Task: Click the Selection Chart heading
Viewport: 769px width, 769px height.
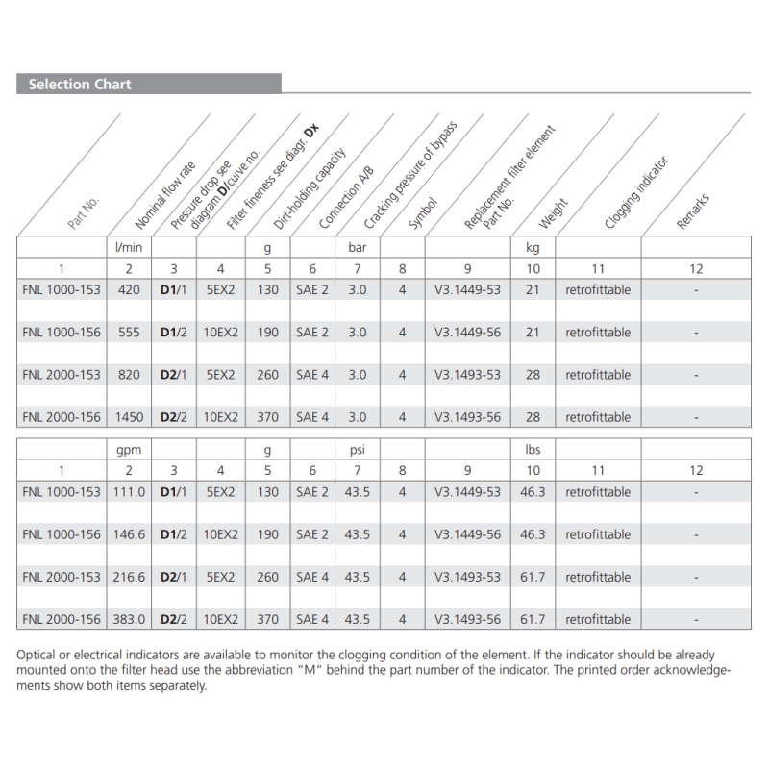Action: [x=80, y=85]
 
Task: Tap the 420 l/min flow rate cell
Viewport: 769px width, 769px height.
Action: [x=129, y=290]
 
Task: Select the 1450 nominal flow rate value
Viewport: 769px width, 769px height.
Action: [x=129, y=417]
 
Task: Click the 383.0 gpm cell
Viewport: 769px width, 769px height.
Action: [x=129, y=620]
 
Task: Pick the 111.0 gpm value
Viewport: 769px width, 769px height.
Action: [x=129, y=492]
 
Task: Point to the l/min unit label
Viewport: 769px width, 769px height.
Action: [x=129, y=247]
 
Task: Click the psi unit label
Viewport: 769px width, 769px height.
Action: [x=357, y=449]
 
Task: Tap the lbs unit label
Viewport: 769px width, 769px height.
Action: [x=533, y=449]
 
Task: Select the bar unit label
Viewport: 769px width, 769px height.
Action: [x=357, y=247]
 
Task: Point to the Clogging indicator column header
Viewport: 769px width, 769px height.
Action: [x=635, y=192]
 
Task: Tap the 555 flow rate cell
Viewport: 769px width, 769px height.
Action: [x=129, y=333]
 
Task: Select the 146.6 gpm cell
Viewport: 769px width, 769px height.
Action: [x=129, y=534]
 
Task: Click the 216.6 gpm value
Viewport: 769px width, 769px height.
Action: [x=129, y=578]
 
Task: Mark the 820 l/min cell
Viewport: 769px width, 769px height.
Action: [x=129, y=375]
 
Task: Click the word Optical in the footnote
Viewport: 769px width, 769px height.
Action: [x=37, y=655]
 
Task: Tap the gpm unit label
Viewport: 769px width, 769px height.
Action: [x=129, y=449]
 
